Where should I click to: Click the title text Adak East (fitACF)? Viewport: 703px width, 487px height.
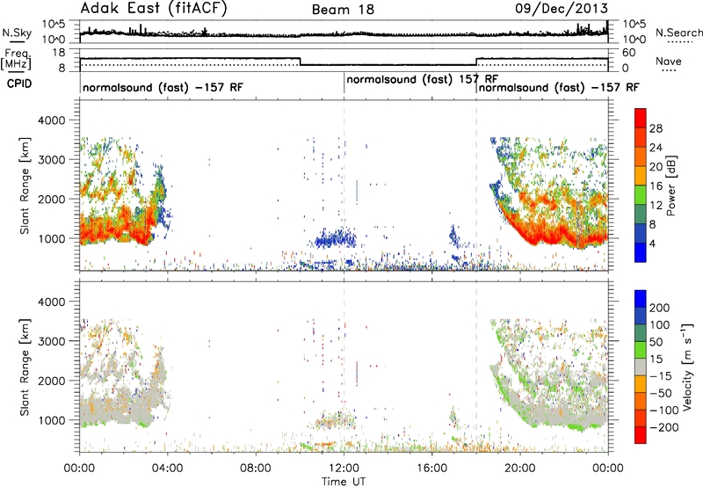click(154, 8)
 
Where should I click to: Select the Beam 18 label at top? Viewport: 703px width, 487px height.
click(343, 10)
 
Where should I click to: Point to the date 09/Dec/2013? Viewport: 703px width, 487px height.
click(562, 9)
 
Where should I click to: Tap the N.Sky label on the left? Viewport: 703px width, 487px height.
click(17, 33)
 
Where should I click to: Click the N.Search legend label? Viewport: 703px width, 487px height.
click(678, 33)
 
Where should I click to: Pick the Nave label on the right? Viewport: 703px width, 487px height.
click(669, 61)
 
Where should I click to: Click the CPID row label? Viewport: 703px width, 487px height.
click(19, 84)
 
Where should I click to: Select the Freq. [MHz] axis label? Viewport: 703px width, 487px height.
click(16, 60)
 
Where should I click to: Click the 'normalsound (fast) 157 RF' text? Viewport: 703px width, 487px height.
click(423, 80)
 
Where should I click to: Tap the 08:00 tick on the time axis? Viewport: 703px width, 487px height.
click(256, 469)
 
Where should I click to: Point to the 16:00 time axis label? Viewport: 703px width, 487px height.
click(431, 469)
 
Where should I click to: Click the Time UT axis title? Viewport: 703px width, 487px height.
click(344, 482)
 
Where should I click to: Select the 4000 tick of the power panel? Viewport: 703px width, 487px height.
click(52, 120)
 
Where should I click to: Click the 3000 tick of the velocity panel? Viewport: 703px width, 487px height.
click(52, 341)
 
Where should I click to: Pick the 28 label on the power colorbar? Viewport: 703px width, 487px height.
click(656, 128)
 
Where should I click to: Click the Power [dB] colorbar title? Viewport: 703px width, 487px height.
click(670, 185)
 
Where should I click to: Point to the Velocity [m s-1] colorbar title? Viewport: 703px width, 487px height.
click(687, 367)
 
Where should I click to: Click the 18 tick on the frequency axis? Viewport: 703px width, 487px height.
click(59, 53)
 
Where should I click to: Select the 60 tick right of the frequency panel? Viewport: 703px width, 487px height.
click(629, 53)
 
